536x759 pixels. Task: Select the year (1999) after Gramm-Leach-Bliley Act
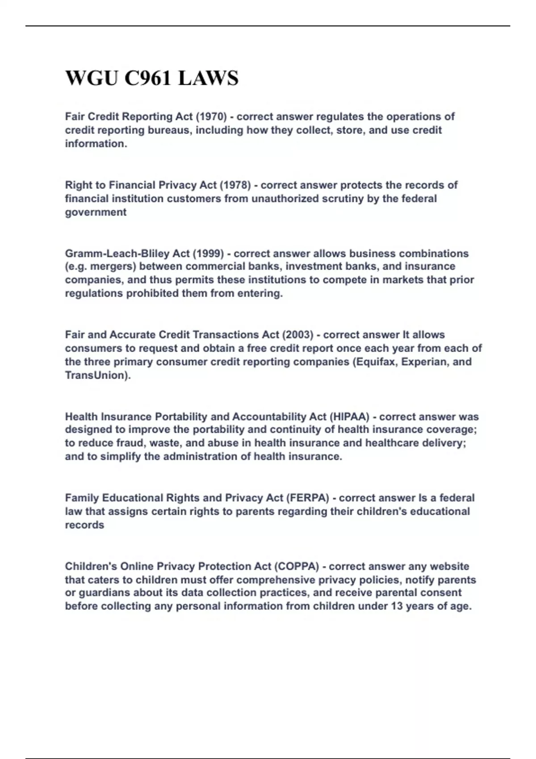208,254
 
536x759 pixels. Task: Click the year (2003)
297,335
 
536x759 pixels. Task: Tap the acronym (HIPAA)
350,417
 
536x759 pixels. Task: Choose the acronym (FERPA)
308,498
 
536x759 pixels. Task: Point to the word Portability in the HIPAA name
181,417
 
